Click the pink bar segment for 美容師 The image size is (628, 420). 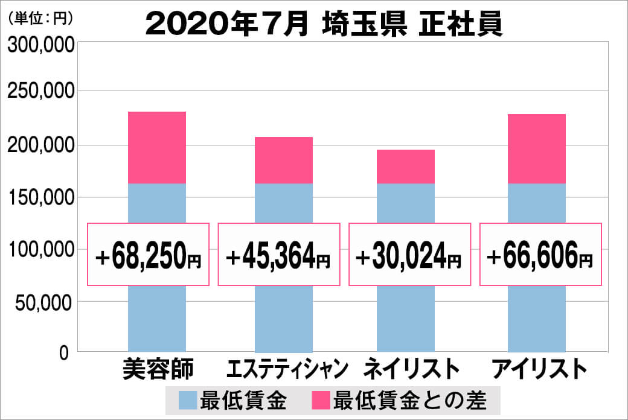[157, 147]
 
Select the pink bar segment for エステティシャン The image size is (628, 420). [284, 160]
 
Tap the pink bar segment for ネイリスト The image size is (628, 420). [406, 167]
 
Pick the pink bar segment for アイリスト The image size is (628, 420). [537, 148]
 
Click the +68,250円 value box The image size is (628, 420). [149, 255]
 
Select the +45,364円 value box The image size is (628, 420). [278, 255]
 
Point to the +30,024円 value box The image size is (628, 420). [409, 255]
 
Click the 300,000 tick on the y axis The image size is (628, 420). [40, 46]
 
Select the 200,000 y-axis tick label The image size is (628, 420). [40, 145]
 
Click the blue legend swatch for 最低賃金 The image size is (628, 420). [188, 400]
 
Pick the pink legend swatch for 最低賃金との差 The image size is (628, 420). [321, 400]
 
